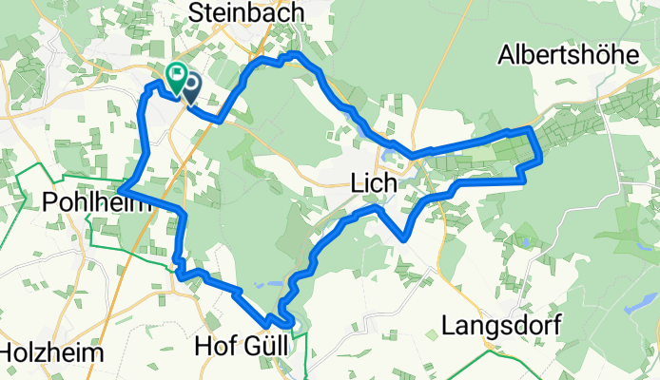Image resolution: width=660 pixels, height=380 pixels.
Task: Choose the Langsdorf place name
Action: tap(500, 326)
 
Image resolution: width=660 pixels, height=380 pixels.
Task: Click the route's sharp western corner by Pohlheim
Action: tap(121, 192)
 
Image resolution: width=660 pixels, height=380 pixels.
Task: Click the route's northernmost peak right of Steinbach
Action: tap(296, 55)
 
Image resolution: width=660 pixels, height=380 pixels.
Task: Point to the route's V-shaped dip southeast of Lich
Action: tap(406, 238)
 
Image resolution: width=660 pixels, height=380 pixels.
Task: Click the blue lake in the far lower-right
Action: tap(632, 309)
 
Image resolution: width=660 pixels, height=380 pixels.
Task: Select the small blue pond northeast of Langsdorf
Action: tap(525, 243)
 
